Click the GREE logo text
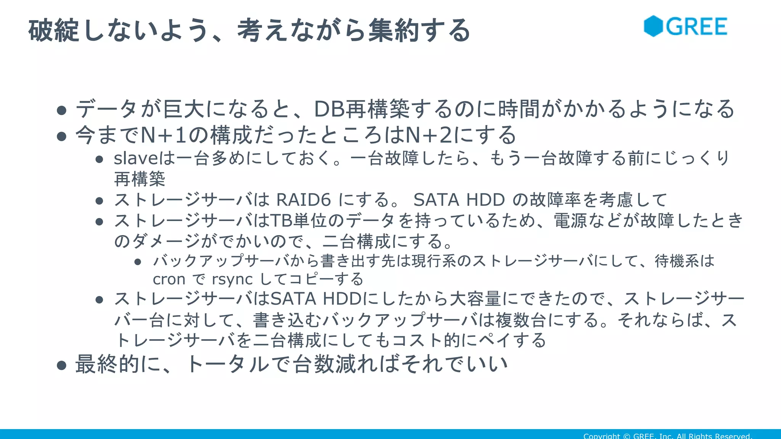(x=696, y=27)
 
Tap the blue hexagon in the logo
(x=653, y=26)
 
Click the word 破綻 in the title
(x=54, y=30)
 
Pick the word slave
(x=135, y=158)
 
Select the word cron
(x=169, y=279)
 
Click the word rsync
(x=232, y=279)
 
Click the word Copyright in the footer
(x=601, y=436)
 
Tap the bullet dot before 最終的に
(x=61, y=365)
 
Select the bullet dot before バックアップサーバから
(x=138, y=262)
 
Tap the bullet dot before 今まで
(x=61, y=136)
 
